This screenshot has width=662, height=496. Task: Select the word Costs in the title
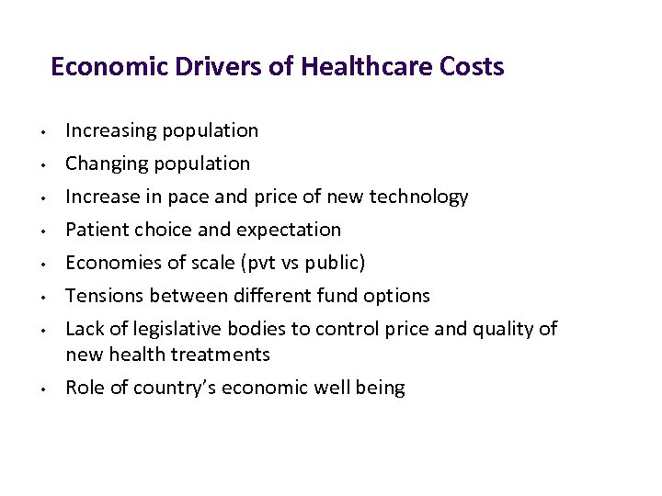point(472,67)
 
